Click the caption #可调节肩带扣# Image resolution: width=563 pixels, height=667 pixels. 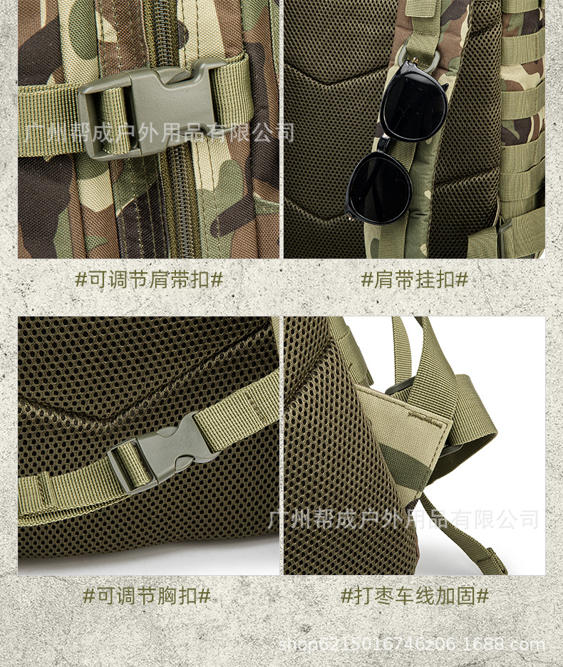pos(148,280)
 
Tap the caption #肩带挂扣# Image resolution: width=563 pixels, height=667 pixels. pos(414,280)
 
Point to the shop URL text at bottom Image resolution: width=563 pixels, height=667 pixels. pos(412,644)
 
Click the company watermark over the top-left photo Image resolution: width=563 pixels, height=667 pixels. pos(159,133)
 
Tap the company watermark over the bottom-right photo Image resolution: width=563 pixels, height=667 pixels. pos(403,519)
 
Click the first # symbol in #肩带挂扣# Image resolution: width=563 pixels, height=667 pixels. pos(367,280)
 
